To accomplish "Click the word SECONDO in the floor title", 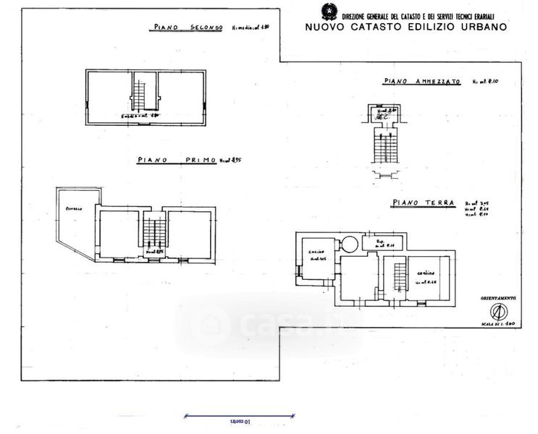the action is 206,28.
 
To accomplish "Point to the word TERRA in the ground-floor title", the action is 437,204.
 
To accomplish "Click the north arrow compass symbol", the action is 497,312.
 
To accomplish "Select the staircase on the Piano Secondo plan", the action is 140,92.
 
